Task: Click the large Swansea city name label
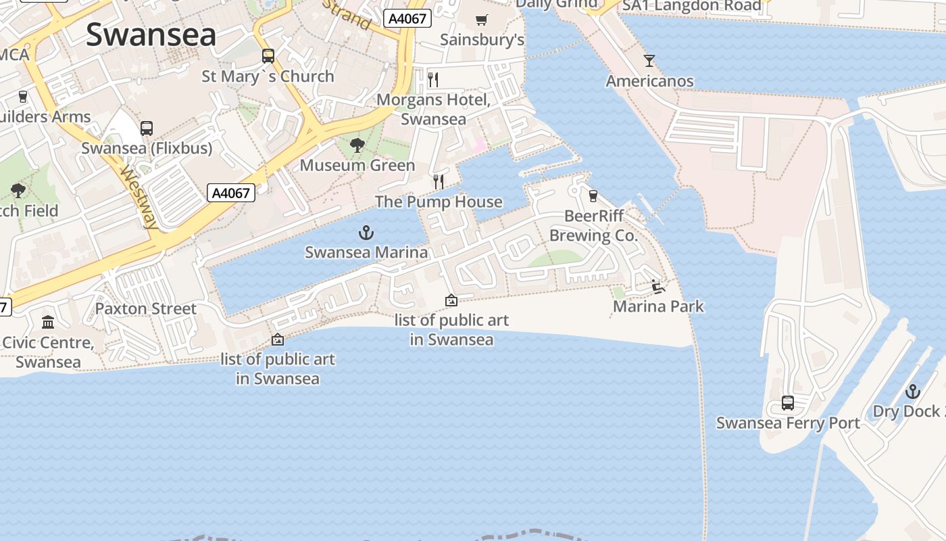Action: pyautogui.click(x=151, y=34)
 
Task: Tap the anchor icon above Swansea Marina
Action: pyautogui.click(x=366, y=233)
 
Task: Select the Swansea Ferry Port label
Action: pyautogui.click(x=788, y=423)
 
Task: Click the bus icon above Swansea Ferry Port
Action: pyautogui.click(x=788, y=403)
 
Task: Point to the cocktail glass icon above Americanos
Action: pyautogui.click(x=649, y=61)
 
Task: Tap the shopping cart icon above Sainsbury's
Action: pyautogui.click(x=482, y=20)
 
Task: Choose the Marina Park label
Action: pyautogui.click(x=658, y=306)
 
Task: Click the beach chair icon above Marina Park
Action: pyautogui.click(x=657, y=287)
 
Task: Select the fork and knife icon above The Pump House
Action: pyautogui.click(x=439, y=181)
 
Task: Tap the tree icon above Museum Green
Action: pyautogui.click(x=357, y=145)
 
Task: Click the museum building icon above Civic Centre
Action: pyautogui.click(x=48, y=322)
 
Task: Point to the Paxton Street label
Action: pyautogui.click(x=146, y=309)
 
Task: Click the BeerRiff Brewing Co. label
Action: pyautogui.click(x=593, y=226)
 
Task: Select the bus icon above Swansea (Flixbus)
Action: pyautogui.click(x=147, y=128)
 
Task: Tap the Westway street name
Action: pyautogui.click(x=140, y=197)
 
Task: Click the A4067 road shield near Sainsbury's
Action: pyautogui.click(x=408, y=18)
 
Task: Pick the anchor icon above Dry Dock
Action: pyautogui.click(x=913, y=392)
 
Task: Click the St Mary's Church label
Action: pyautogui.click(x=268, y=76)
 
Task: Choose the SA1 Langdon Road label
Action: pyautogui.click(x=691, y=6)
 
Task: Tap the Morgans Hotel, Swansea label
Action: pyautogui.click(x=433, y=110)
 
